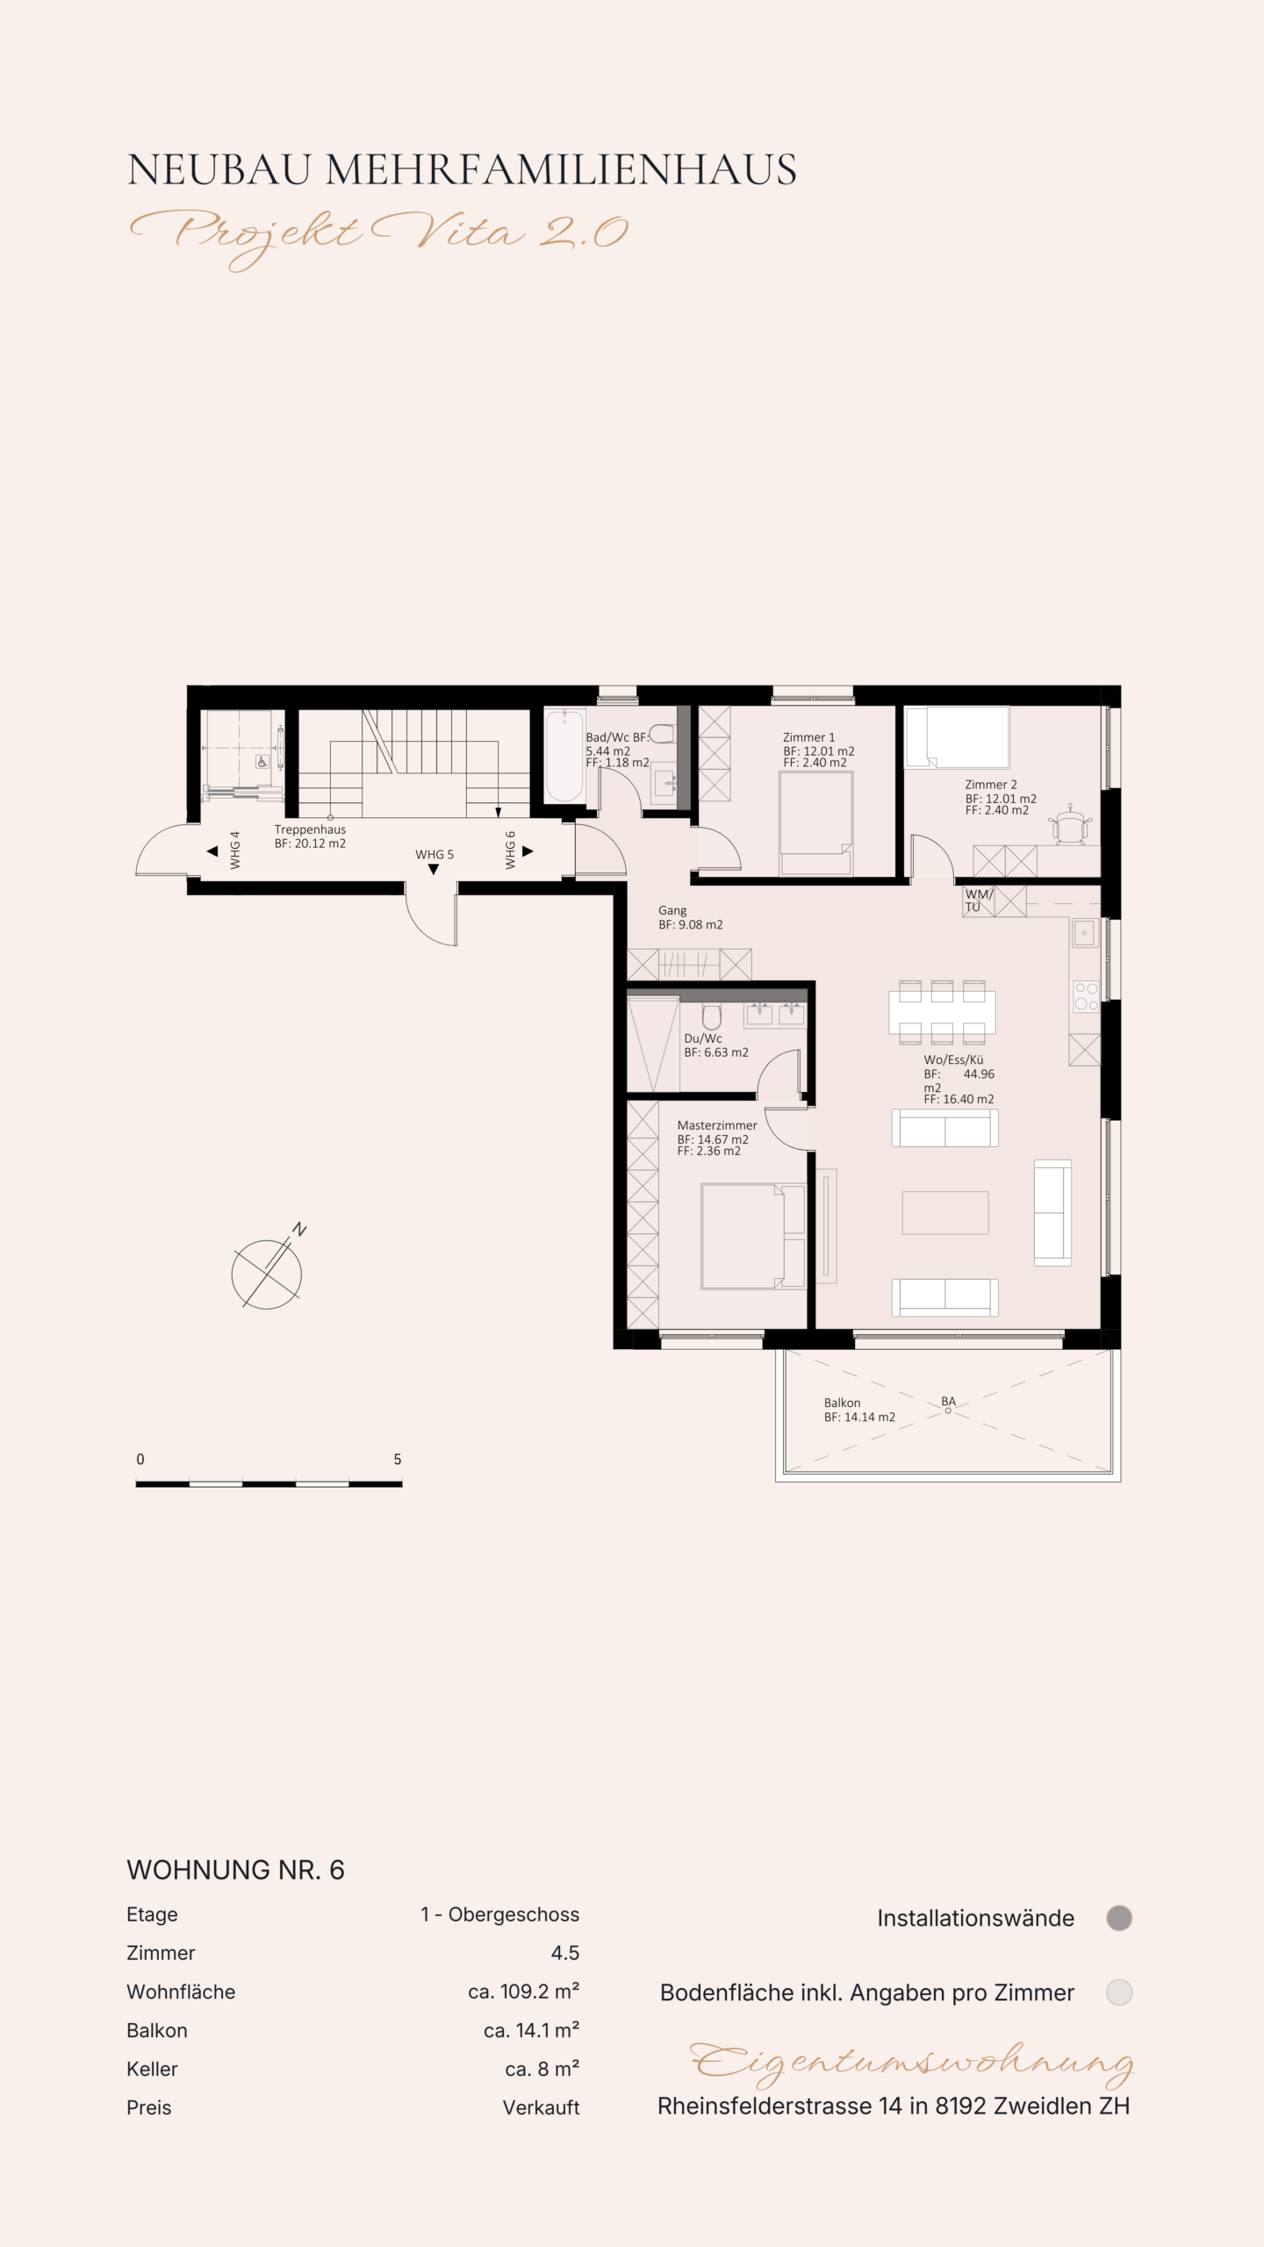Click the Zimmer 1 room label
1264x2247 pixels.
[x=808, y=737]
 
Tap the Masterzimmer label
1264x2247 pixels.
[x=716, y=1125]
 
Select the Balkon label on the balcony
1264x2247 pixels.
[x=842, y=1403]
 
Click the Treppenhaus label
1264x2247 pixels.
[x=310, y=829]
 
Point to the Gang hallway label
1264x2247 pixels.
[x=672, y=911]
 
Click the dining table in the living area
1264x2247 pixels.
[x=942, y=1012]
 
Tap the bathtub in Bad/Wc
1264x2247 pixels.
[x=564, y=756]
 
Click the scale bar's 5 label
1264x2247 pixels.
[x=398, y=1459]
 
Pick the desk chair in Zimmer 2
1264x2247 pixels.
[x=1070, y=825]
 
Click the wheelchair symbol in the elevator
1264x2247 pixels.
[x=262, y=762]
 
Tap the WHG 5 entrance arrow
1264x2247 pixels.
[x=434, y=870]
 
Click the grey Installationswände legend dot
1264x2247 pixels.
[x=1119, y=1918]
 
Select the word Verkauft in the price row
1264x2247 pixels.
[x=541, y=2107]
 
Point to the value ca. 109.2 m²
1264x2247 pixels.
[x=523, y=1992]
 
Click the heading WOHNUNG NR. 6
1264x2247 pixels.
[x=235, y=1870]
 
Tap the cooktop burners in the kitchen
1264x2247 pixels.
[x=1086, y=996]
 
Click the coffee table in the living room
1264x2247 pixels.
[x=945, y=1212]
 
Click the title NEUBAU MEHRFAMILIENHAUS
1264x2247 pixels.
[x=462, y=169]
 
